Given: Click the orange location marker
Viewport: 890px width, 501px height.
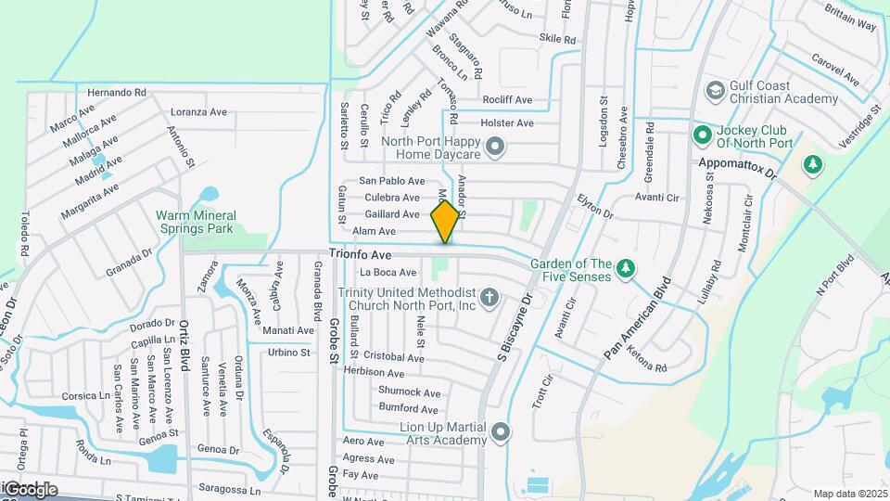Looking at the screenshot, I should click(x=445, y=221).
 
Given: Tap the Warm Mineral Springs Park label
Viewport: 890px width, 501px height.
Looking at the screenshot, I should click(x=197, y=222).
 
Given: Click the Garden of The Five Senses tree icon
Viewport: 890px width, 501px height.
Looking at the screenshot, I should click(x=626, y=268).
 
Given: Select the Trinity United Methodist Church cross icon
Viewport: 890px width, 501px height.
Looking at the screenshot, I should click(x=489, y=298).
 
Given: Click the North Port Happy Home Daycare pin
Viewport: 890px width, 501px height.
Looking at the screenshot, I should click(x=495, y=146).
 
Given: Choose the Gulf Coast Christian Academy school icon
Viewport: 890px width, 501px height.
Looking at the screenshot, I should click(x=715, y=91).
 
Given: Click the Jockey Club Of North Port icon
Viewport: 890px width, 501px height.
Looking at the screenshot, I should click(x=702, y=135).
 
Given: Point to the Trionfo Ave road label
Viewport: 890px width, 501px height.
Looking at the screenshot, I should click(x=362, y=253).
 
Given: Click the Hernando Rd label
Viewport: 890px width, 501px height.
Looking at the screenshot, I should click(x=117, y=93).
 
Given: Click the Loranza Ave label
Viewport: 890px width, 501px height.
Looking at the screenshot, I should click(x=197, y=112).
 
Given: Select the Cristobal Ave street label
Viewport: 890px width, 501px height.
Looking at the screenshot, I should click(x=394, y=356).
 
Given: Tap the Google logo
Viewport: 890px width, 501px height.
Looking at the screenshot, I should click(x=30, y=490).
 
